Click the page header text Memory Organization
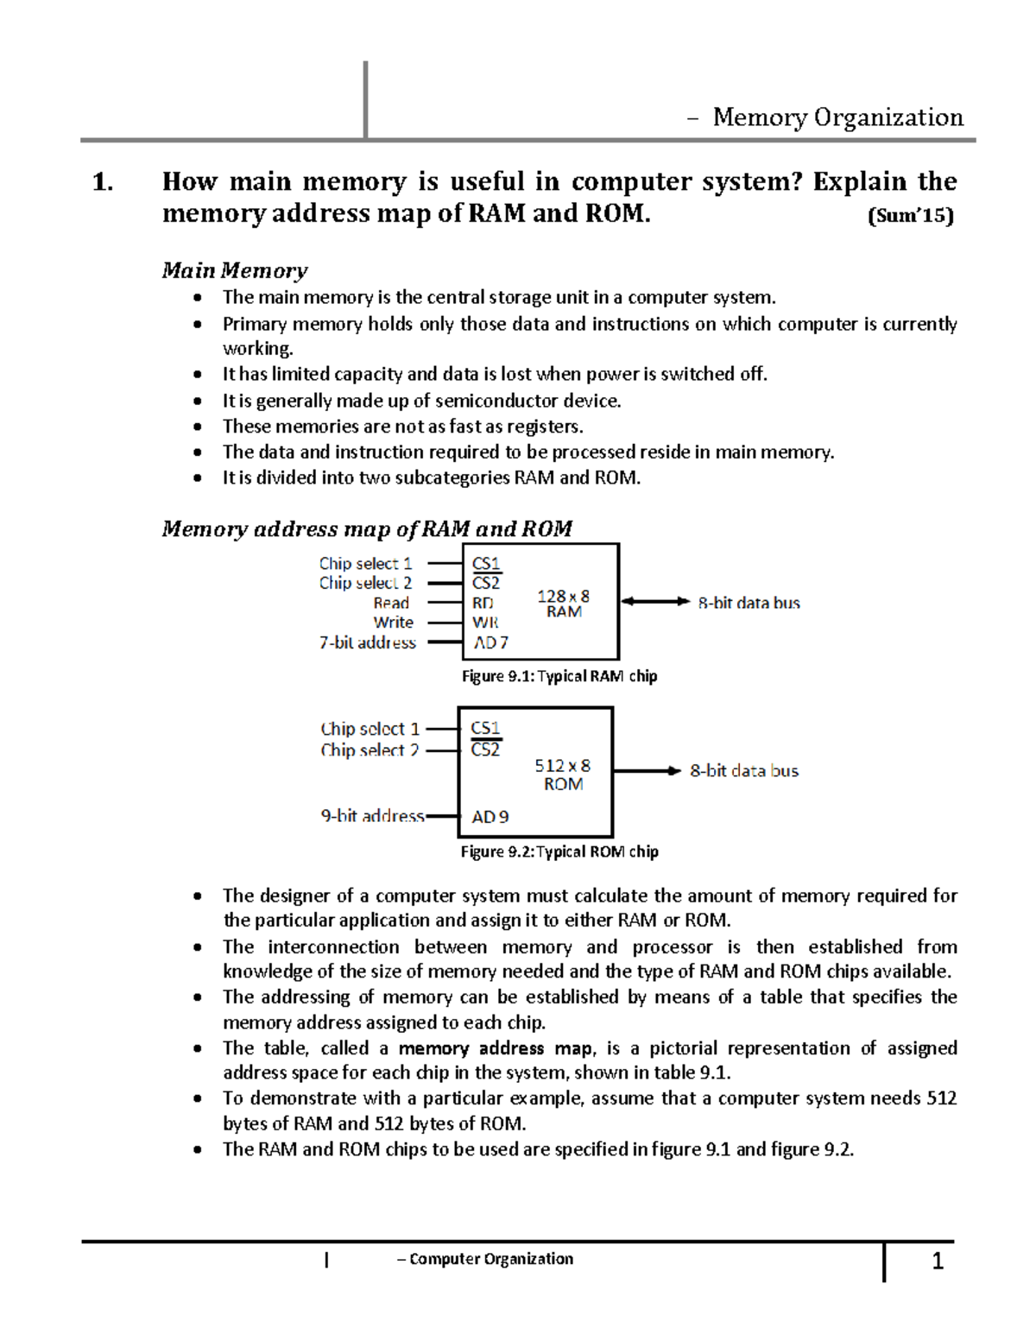(837, 117)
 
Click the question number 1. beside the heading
(103, 182)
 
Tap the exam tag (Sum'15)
(910, 215)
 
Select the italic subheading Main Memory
(234, 270)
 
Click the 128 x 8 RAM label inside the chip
(563, 604)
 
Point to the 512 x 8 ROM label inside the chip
(562, 775)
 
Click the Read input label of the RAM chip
(391, 603)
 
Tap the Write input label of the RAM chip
(393, 622)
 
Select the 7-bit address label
(367, 642)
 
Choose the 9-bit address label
(372, 816)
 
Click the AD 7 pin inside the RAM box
(490, 642)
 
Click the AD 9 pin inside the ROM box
(490, 817)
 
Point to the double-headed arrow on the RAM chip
(655, 601)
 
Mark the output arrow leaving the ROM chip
(647, 770)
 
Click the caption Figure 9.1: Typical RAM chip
(559, 676)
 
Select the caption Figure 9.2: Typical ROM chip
(559, 851)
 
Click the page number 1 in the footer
(938, 1262)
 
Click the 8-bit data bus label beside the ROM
(744, 770)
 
